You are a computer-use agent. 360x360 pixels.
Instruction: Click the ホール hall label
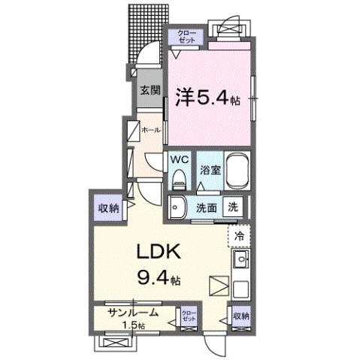tap(150, 129)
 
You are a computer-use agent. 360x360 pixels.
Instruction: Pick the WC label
tap(179, 159)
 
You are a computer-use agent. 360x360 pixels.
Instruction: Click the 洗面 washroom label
tap(207, 207)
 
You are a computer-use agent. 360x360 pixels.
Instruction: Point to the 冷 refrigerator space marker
tap(240, 236)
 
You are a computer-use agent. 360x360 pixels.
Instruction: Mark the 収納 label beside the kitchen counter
tap(240, 316)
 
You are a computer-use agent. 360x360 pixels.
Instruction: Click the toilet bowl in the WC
tap(179, 179)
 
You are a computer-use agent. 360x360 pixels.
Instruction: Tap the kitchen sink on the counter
tap(241, 261)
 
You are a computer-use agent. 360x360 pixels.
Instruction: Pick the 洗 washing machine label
tap(233, 207)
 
